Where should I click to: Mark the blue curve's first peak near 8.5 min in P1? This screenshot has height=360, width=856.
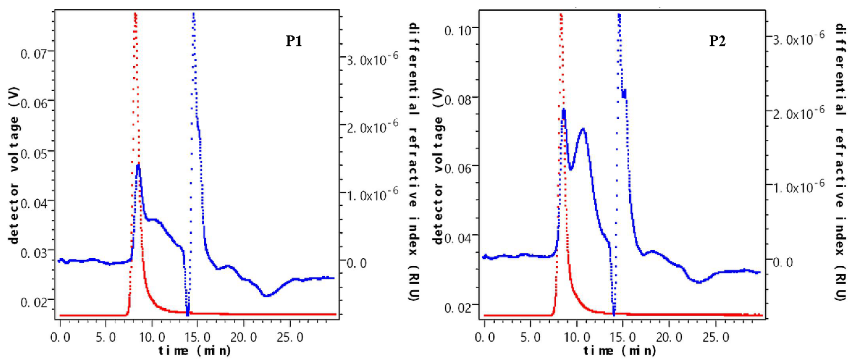pos(138,165)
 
